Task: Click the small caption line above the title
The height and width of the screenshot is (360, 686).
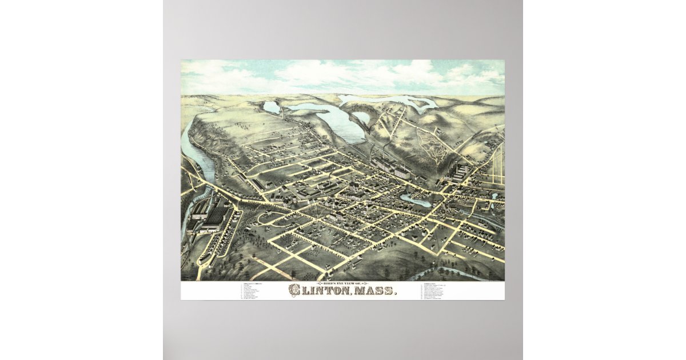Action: pyautogui.click(x=342, y=283)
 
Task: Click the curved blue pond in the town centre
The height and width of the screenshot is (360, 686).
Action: pyautogui.click(x=416, y=200)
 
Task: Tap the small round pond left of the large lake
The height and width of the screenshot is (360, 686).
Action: pyautogui.click(x=272, y=107)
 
